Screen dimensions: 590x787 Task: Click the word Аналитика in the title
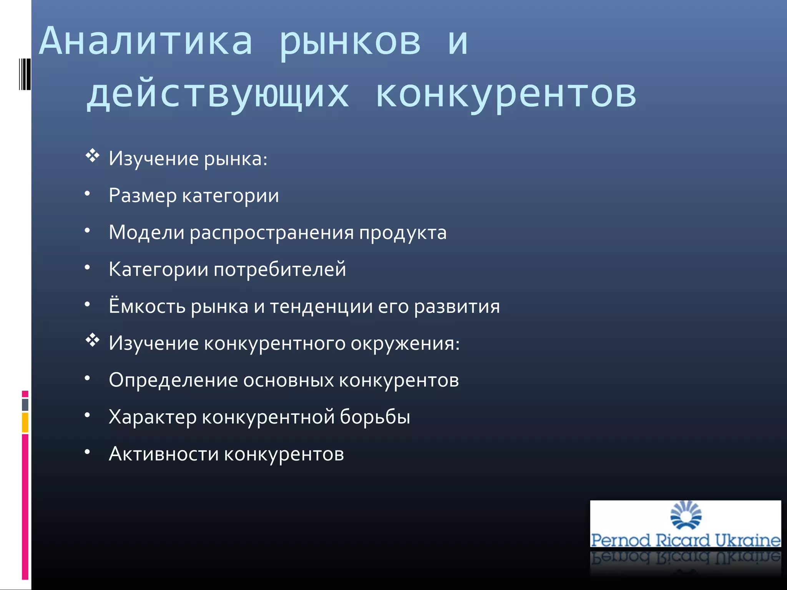[x=146, y=41]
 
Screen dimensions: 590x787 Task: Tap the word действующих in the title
[x=218, y=94]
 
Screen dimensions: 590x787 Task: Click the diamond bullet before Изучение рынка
[x=92, y=156]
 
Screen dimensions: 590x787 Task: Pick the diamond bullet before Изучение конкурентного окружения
[x=92, y=340]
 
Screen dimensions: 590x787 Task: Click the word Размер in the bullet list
[x=143, y=196]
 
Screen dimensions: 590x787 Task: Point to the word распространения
[x=272, y=233]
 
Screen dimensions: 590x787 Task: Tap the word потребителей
[x=280, y=269]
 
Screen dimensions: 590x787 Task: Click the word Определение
[x=173, y=380]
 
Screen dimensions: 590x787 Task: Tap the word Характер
[x=153, y=417]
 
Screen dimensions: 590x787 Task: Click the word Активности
[x=164, y=454]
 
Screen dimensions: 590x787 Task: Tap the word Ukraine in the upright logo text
[x=747, y=540]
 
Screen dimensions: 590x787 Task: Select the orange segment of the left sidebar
[x=25, y=423]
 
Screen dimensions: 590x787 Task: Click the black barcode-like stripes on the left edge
[x=25, y=74]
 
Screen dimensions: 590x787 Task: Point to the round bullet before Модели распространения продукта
[x=88, y=230]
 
